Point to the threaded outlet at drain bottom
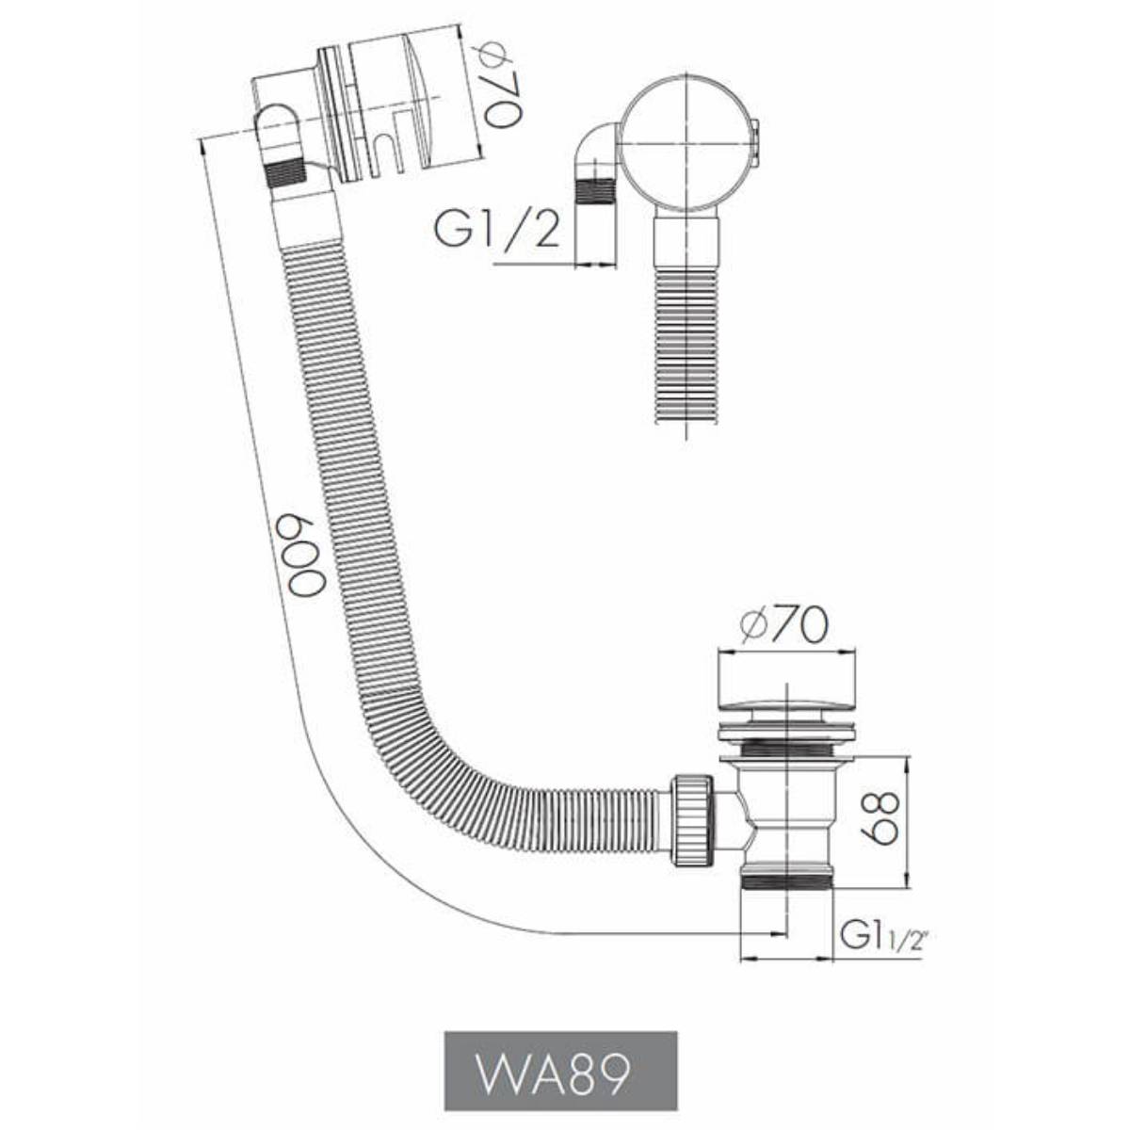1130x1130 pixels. [787, 880]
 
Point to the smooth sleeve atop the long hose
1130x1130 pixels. [303, 218]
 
